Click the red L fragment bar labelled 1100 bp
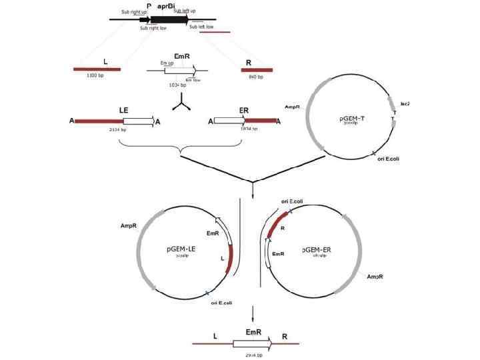pos(97,69)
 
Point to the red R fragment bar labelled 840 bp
pos(258,69)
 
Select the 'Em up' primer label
pos(168,62)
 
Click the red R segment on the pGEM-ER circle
pos(275,225)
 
